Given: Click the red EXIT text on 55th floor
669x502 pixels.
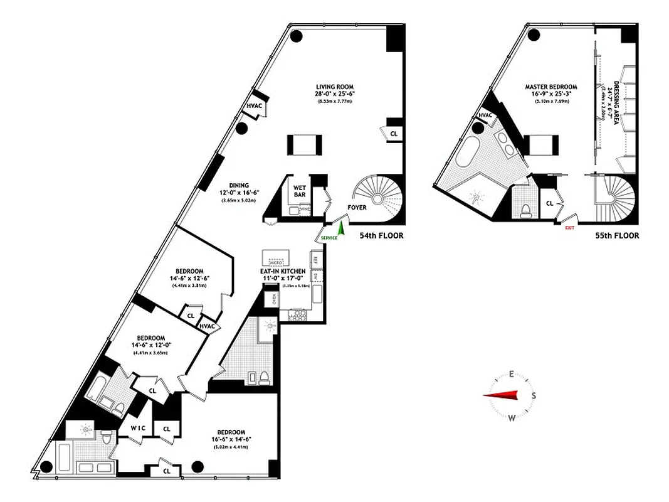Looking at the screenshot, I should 569,228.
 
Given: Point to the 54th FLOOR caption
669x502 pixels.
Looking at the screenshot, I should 381,236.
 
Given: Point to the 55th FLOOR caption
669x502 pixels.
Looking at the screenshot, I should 617,236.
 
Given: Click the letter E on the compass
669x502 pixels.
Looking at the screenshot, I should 512,375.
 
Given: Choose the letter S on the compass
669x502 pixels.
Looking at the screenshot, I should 534,395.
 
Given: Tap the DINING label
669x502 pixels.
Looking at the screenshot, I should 238,186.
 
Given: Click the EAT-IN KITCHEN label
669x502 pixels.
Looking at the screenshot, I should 283,271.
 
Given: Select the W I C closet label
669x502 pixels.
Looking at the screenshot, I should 139,429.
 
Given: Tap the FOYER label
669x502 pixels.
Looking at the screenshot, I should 357,208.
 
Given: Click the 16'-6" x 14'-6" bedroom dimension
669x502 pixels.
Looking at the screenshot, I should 231,441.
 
